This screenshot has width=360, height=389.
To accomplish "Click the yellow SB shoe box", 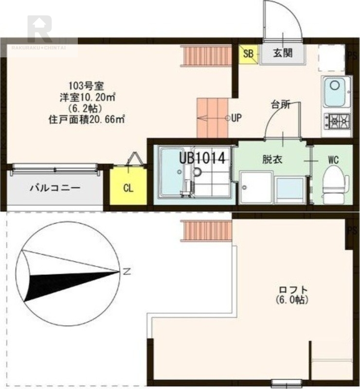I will coord(248,53).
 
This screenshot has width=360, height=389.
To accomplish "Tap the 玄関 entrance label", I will coord(282,53).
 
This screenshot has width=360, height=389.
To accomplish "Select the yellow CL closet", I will coord(128,188).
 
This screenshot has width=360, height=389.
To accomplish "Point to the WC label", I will coord(333,159).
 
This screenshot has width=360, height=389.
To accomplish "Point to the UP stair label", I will coord(236,118).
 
